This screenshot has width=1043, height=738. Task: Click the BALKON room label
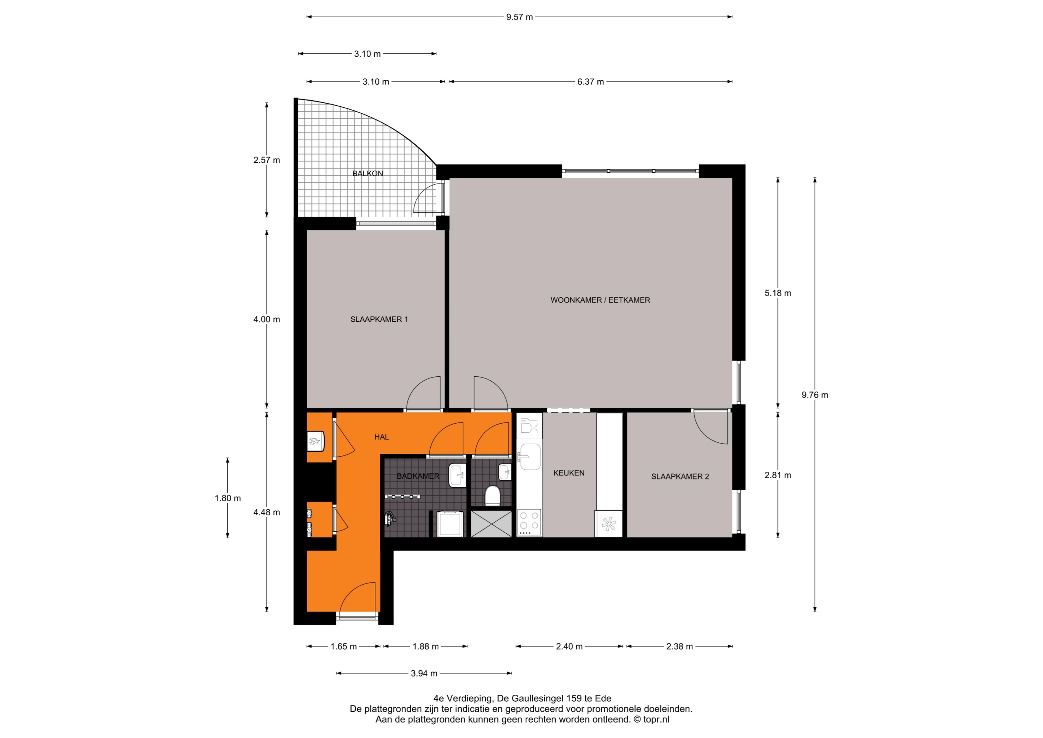click(x=367, y=173)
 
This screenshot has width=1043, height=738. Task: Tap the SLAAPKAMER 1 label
click(x=379, y=319)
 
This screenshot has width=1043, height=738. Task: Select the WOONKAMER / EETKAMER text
click(x=600, y=300)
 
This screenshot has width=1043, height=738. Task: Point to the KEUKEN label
click(x=569, y=473)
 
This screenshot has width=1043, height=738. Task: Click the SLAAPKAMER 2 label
click(x=680, y=477)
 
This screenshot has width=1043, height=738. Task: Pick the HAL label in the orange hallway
click(x=382, y=437)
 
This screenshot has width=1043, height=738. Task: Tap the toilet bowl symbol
click(x=493, y=496)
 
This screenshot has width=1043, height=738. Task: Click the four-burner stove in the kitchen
click(x=529, y=522)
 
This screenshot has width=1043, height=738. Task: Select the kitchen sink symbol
click(x=530, y=457)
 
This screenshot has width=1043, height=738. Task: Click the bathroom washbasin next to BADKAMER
click(x=458, y=476)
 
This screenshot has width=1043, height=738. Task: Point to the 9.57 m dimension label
click(x=520, y=17)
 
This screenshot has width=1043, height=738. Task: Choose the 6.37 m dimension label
click(x=590, y=82)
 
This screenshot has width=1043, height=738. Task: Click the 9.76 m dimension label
click(x=815, y=395)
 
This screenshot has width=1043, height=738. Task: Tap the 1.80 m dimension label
click(x=228, y=498)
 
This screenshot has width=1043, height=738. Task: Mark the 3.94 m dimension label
click(x=424, y=674)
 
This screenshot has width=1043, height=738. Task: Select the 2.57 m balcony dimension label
click(x=266, y=160)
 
